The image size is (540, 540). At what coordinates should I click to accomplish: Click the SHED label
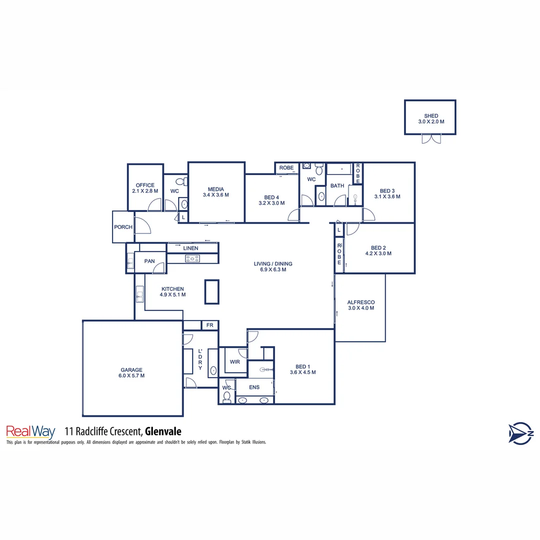click(x=430, y=116)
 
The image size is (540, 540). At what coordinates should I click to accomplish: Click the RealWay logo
click(x=30, y=431)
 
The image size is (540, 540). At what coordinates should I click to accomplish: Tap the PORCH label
click(x=123, y=227)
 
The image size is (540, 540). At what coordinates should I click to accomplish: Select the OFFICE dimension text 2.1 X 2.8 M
click(x=145, y=191)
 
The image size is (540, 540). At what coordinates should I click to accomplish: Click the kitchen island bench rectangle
click(x=211, y=291)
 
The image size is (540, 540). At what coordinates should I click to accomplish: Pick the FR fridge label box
click(x=210, y=325)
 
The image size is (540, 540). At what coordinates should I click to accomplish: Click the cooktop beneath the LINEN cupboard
click(x=192, y=258)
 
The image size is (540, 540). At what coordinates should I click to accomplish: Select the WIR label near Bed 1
click(x=235, y=361)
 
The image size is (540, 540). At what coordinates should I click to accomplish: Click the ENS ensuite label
click(x=254, y=387)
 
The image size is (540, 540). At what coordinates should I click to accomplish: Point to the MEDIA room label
click(x=215, y=189)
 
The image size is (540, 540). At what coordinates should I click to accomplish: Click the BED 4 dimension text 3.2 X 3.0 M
click(x=271, y=203)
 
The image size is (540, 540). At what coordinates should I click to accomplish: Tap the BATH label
click(x=337, y=186)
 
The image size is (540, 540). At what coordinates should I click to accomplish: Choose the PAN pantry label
click(x=149, y=261)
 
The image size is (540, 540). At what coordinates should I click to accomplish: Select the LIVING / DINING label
click(x=272, y=264)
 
